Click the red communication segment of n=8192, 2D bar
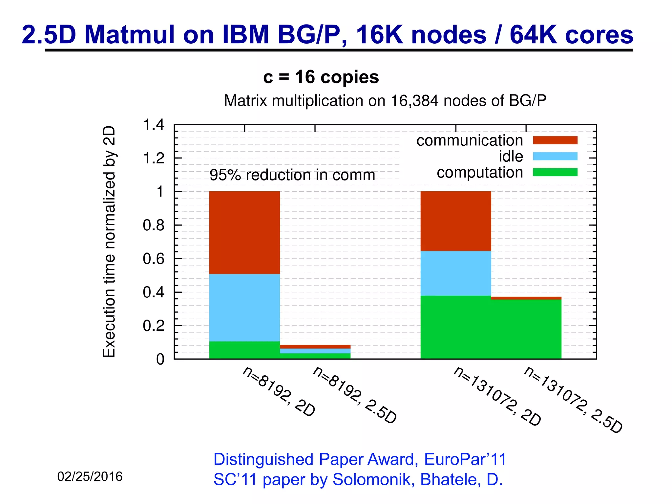244,232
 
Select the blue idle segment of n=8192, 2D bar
244,307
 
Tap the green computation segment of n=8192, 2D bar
244,350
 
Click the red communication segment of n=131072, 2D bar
456,221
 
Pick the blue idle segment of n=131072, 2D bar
456,273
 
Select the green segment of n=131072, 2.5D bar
526,329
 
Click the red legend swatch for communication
555,140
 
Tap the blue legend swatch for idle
555,156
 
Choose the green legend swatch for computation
555,172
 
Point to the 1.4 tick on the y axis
154,125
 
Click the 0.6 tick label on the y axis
154,259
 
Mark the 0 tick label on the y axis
160,359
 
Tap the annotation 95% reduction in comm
292,175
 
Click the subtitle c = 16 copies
321,77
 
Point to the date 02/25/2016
90,476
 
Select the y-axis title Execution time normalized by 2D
109,241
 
